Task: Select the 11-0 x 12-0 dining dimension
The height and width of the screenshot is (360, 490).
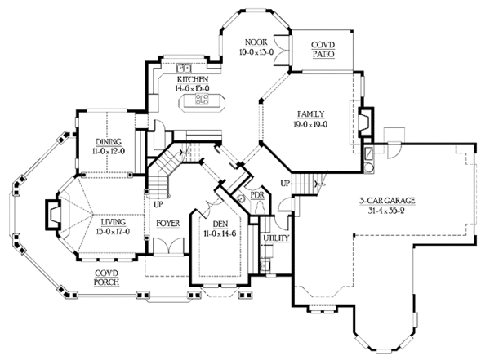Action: [x=109, y=152]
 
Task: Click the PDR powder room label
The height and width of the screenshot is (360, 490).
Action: [x=256, y=196]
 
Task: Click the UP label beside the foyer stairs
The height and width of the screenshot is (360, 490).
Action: [x=148, y=193]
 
